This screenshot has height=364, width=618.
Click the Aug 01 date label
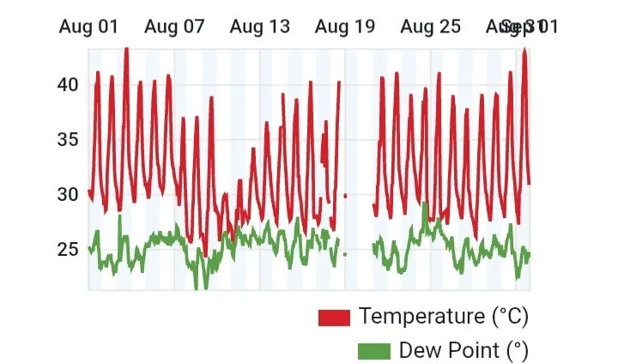[x=88, y=27]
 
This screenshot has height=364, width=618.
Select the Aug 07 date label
[x=174, y=27]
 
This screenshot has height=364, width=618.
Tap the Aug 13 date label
[x=260, y=27]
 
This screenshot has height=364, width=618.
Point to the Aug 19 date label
[x=345, y=27]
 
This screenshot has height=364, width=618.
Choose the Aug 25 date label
[x=431, y=27]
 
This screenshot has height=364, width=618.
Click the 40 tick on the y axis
[x=68, y=85]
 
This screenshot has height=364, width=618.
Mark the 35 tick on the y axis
[x=68, y=140]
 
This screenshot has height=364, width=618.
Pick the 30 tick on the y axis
[x=68, y=195]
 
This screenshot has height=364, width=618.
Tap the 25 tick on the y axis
[x=68, y=250]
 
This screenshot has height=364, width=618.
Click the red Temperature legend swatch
[x=334, y=317]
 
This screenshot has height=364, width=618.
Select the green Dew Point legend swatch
[x=373, y=351]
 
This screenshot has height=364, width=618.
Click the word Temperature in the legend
[x=421, y=316]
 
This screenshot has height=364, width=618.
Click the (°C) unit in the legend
[x=510, y=316]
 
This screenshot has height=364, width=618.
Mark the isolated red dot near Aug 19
[x=345, y=196]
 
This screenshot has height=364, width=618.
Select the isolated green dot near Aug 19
[x=345, y=254]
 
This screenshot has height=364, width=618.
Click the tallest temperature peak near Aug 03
[x=126, y=50]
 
